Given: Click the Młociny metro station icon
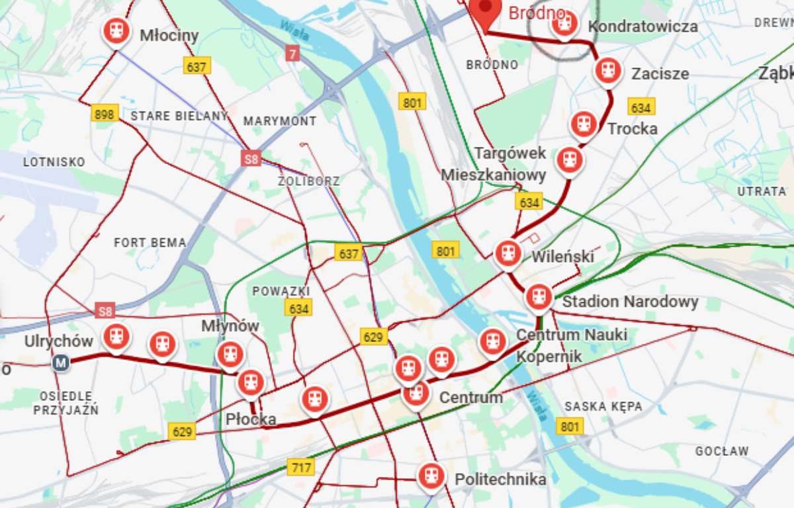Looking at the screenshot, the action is pyautogui.click(x=116, y=30).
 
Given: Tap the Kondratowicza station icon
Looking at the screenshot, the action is pyautogui.click(x=563, y=24).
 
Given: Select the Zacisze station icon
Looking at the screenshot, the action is pyautogui.click(x=607, y=70).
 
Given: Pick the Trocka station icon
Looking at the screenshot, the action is pyautogui.click(x=583, y=124).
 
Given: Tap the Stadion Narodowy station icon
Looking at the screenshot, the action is pyautogui.click(x=539, y=298).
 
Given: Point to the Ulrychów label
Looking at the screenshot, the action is pyautogui.click(x=58, y=341).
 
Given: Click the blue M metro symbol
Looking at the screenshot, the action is pyautogui.click(x=62, y=362).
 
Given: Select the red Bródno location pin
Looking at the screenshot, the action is pyautogui.click(x=487, y=10).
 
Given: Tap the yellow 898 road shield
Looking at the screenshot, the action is pyautogui.click(x=105, y=114).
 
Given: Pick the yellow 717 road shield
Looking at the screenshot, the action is pyautogui.click(x=301, y=468).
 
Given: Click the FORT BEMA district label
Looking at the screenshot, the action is pyautogui.click(x=150, y=243).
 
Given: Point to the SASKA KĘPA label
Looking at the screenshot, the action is pyautogui.click(x=603, y=406).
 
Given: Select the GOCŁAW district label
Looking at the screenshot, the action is pyautogui.click(x=722, y=451).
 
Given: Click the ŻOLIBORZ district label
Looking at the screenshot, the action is pyautogui.click(x=309, y=181).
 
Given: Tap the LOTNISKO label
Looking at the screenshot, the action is pyautogui.click(x=54, y=161).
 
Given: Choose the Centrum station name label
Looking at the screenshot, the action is pyautogui.click(x=471, y=398).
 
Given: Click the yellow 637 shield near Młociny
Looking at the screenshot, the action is pyautogui.click(x=197, y=66).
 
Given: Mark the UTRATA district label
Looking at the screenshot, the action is pyautogui.click(x=762, y=191).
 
